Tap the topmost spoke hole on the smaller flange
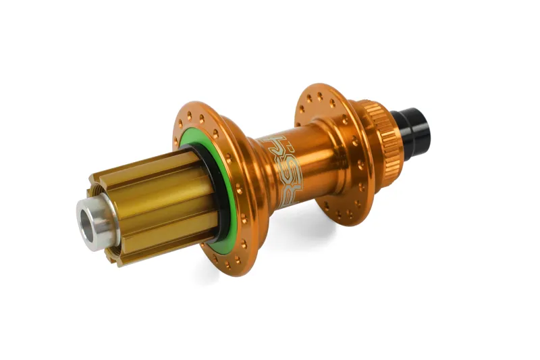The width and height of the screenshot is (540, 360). [320, 94]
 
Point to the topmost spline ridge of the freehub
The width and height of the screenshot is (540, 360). [162, 157]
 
